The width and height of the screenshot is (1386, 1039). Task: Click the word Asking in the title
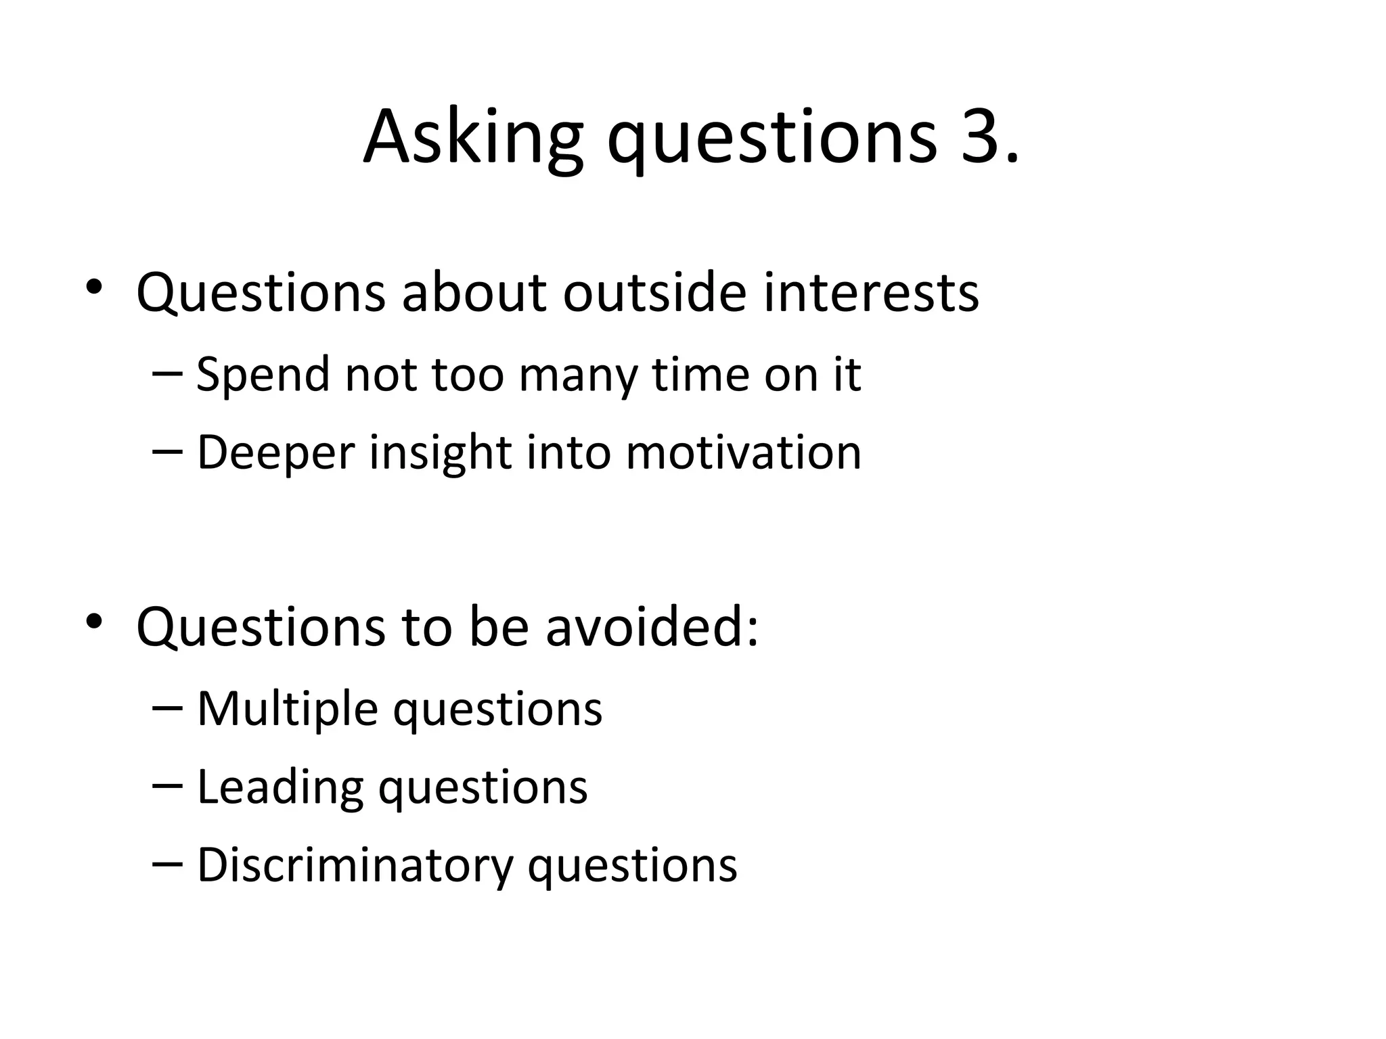point(473,139)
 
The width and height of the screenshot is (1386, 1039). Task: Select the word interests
point(871,293)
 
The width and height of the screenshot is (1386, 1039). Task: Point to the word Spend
point(262,375)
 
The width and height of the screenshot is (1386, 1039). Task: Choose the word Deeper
point(275,453)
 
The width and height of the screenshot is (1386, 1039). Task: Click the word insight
point(441,453)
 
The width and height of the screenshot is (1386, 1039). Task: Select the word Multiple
point(287,710)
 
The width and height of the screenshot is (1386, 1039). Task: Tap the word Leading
point(280,788)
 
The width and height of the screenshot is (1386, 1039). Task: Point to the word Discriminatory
point(355,867)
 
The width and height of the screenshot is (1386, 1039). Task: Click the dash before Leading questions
point(167,786)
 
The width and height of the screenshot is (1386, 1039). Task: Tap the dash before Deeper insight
point(167,451)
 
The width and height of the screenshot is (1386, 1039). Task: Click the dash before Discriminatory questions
point(167,864)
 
